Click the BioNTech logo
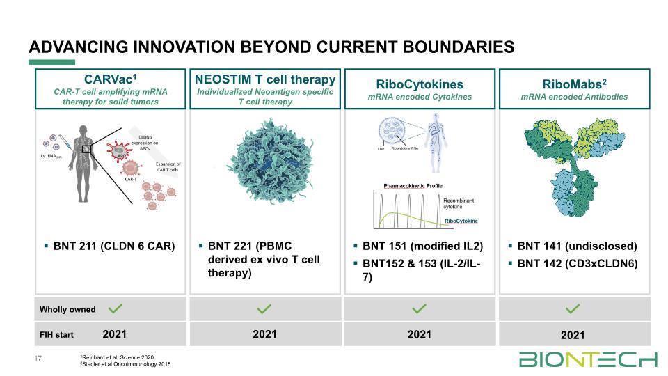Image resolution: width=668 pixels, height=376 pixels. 588,359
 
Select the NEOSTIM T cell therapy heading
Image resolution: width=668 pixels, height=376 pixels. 264,78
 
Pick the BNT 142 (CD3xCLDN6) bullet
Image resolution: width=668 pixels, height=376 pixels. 577,264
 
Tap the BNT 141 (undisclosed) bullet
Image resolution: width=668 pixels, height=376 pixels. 577,246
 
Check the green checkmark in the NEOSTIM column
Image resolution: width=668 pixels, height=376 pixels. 264,308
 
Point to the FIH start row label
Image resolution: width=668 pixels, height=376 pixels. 56,335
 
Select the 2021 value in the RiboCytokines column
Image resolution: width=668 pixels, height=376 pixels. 419,335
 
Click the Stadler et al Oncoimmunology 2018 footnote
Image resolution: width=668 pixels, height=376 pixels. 126,364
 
